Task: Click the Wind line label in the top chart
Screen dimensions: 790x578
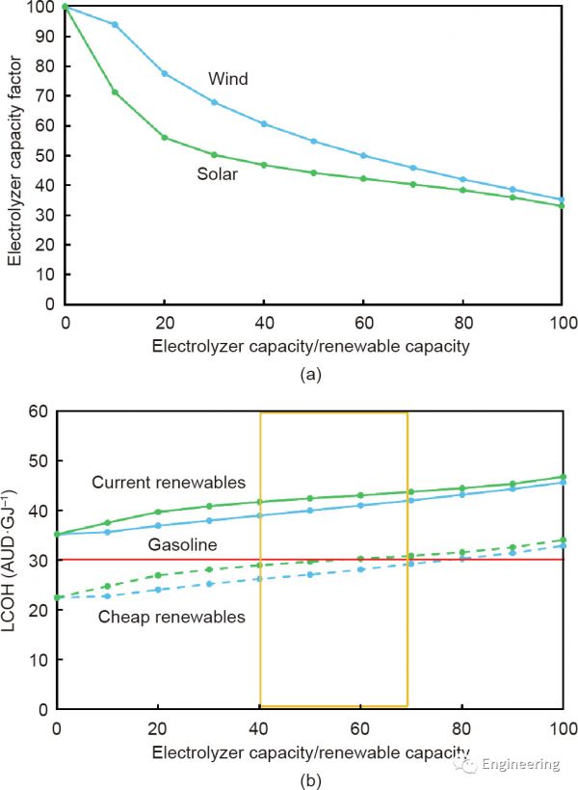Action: (x=227, y=79)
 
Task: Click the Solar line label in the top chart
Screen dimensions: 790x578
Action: (x=221, y=174)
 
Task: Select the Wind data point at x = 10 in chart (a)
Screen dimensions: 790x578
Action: (x=115, y=24)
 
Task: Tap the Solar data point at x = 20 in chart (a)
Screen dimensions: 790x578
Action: (x=165, y=138)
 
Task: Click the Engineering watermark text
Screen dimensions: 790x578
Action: (x=520, y=764)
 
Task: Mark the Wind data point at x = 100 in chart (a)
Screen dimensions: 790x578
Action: (x=563, y=199)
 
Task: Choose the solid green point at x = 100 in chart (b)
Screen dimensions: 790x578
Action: (x=563, y=477)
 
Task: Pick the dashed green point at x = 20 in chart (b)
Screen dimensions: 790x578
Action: (x=159, y=575)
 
